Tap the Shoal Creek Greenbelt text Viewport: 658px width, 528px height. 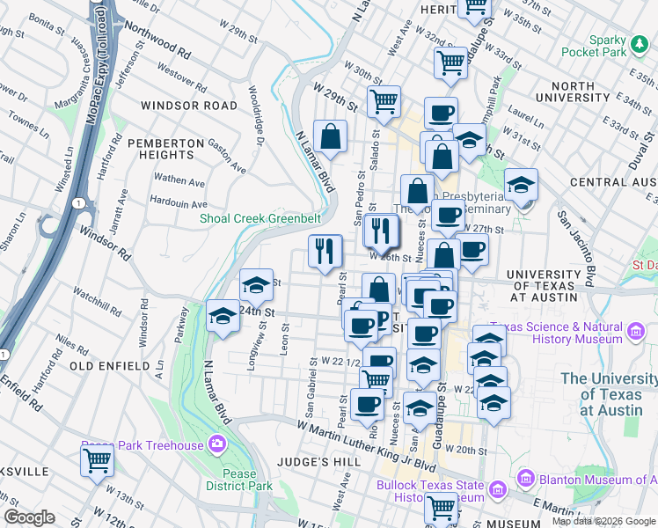tap(259, 218)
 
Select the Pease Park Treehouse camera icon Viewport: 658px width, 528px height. tap(217, 444)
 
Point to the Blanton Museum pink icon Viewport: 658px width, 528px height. tap(527, 479)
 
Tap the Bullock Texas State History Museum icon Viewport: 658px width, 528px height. tap(497, 489)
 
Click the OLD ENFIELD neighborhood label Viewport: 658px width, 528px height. tap(110, 365)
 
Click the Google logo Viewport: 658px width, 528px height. tap(29, 517)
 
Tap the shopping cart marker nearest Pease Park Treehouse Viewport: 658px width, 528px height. tap(97, 460)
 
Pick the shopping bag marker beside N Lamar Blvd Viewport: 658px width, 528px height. tap(330, 137)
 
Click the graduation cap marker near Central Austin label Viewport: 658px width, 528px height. tap(522, 185)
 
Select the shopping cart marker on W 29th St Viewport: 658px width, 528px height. tap(384, 103)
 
